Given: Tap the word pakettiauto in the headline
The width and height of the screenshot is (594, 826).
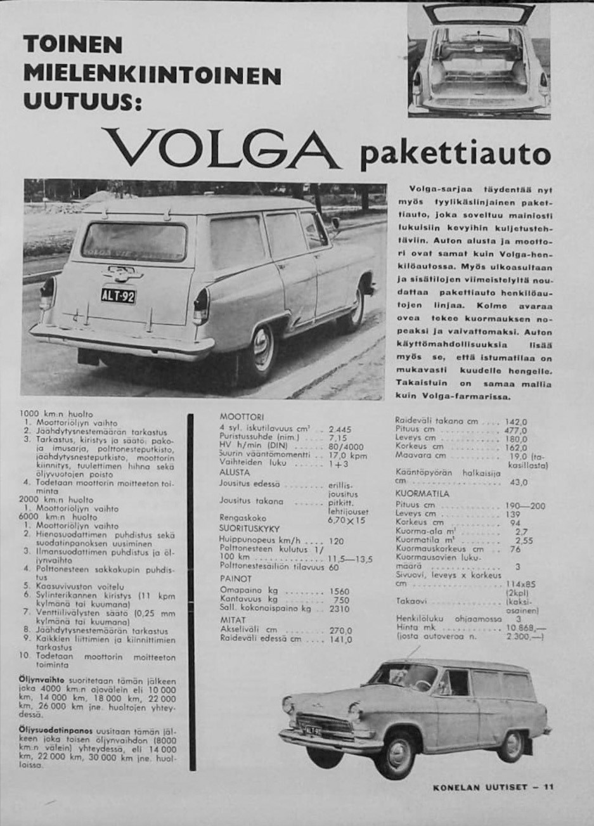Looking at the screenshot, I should (x=454, y=155).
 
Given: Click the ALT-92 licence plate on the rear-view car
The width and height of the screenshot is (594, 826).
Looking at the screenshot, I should (x=118, y=295).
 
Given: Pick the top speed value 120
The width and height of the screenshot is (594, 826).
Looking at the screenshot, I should (x=337, y=541).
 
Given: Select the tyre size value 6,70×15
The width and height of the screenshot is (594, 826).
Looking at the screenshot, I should (x=346, y=520).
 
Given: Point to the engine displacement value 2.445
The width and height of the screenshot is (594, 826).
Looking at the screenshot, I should (x=339, y=428).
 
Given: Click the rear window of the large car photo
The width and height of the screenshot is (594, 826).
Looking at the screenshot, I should (x=134, y=242).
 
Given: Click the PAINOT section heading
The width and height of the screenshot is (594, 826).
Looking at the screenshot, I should (x=236, y=579).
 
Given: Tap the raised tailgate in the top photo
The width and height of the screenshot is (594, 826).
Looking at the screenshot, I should (x=479, y=10).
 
